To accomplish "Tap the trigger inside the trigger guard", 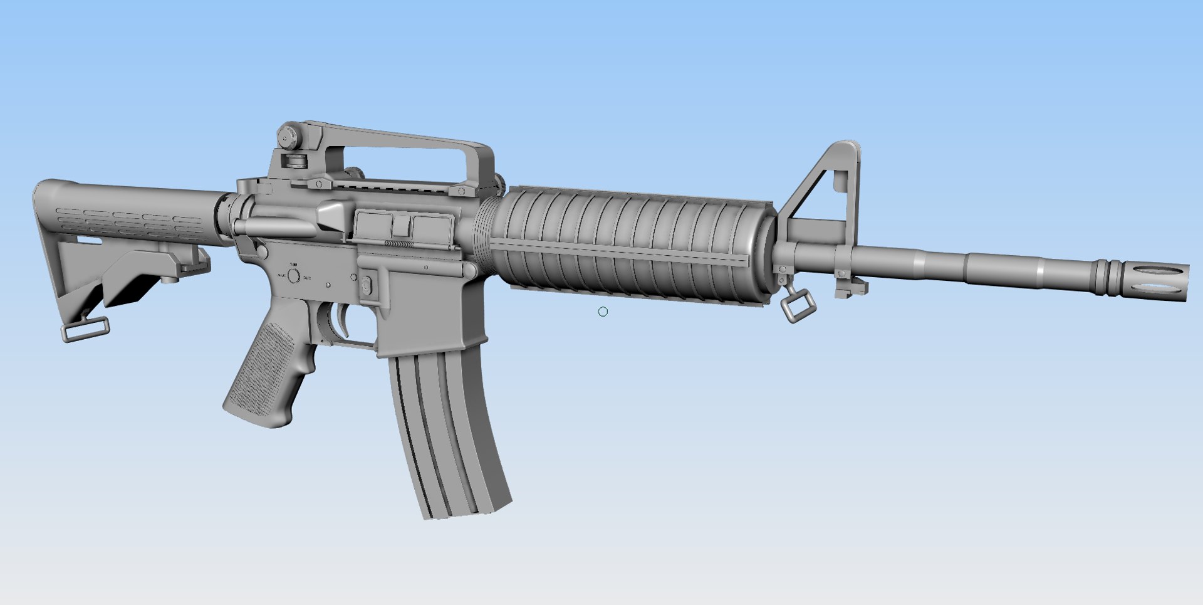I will (344, 320).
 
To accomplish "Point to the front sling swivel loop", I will (798, 308).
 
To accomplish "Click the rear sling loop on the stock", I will (85, 330).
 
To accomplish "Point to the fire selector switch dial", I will (293, 275).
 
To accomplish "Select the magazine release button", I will (367, 286).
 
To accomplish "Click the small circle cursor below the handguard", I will (603, 312).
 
